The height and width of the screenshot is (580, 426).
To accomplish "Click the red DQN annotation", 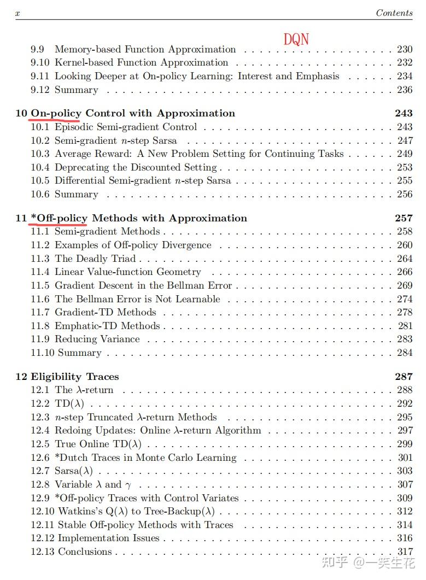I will point(296,39).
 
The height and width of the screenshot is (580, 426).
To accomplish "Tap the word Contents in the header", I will point(394,13).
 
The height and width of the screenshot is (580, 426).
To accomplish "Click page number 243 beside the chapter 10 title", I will point(404,113).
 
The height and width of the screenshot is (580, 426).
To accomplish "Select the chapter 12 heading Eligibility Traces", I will point(74,377).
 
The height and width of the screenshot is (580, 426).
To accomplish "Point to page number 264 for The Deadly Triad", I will point(405,259).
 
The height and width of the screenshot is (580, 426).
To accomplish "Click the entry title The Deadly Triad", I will point(95,259).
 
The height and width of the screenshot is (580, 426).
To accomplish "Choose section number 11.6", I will point(40,299).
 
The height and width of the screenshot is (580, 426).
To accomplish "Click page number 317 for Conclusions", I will point(405,552).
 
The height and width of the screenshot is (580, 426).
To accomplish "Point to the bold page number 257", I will point(404,218).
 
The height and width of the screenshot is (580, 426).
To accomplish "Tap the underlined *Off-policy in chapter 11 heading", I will point(59,218).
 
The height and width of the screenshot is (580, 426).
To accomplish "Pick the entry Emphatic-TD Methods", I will point(107,326).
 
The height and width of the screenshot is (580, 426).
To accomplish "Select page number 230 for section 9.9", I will point(405,49).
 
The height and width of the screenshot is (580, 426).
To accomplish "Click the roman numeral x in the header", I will point(17,13).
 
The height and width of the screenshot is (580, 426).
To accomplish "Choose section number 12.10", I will point(42,512).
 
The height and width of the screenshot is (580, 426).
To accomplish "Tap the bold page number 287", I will point(404,377).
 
